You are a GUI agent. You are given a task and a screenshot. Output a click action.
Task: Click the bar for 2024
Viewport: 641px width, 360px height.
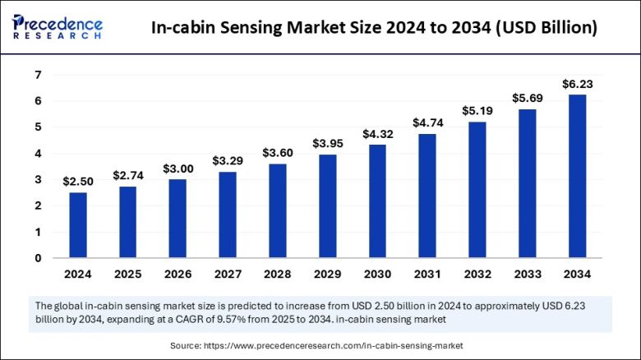tap(78, 224)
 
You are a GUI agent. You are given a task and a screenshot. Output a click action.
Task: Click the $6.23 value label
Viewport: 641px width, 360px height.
tap(577, 84)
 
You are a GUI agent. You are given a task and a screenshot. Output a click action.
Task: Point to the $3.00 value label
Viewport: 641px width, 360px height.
tap(178, 168)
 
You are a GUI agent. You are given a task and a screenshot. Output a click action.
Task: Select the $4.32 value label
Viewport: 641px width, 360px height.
tap(377, 133)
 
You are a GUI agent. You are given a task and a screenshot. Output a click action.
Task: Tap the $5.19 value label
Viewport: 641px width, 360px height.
tap(477, 110)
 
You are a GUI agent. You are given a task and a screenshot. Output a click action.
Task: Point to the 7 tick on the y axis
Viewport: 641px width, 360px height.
tap(38, 75)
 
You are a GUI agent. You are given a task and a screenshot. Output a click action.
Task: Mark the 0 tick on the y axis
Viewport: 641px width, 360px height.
tap(38, 258)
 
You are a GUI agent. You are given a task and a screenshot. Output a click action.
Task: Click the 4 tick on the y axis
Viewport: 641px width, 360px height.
tap(38, 154)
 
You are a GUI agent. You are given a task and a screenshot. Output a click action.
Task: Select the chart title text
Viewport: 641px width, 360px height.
tap(374, 28)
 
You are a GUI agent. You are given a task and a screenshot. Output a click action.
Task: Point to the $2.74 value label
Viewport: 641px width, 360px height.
tap(128, 175)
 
